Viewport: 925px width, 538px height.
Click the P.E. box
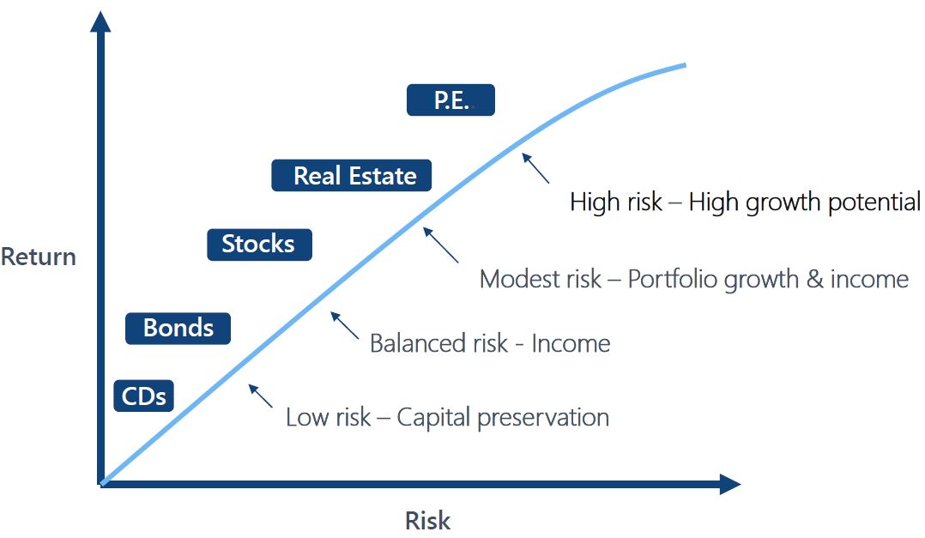point(450,100)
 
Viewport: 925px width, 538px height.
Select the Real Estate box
point(351,175)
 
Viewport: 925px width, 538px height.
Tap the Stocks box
point(259,245)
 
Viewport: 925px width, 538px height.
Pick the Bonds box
point(178,328)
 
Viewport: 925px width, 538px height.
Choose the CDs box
point(143,396)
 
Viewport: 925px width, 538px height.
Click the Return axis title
point(39,257)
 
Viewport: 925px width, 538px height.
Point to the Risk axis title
point(427,520)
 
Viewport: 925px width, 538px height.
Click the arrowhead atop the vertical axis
point(101,21)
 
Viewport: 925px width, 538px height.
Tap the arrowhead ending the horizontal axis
point(730,484)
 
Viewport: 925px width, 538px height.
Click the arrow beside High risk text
point(535,168)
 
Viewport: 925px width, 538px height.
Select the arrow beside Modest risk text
point(441,245)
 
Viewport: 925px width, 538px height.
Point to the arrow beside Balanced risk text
point(345,326)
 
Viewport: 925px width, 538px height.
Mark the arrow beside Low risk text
point(261,396)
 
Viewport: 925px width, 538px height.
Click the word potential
point(874,203)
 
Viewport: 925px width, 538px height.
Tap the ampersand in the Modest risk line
point(814,279)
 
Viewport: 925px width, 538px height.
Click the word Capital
point(433,418)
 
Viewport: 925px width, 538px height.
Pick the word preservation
point(543,418)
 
